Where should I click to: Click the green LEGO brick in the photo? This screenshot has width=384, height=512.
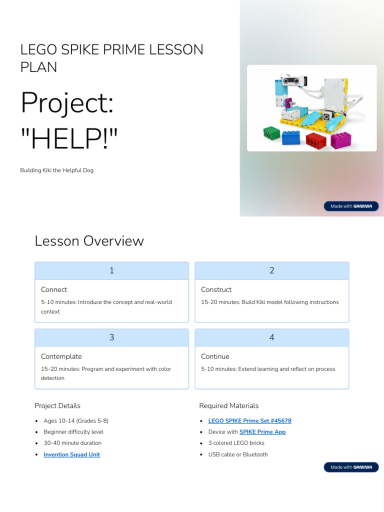272,133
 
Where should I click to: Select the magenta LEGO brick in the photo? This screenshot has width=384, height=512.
340,139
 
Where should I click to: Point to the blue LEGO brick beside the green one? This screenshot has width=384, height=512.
291,137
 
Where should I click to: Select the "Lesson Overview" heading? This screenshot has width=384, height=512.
89,241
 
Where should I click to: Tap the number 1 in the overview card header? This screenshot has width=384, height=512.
111,270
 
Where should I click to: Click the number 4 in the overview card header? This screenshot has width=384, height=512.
271,337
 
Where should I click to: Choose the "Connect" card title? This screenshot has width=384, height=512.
54,289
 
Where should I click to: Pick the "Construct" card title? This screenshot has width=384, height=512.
216,289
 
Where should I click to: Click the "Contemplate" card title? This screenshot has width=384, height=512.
61,356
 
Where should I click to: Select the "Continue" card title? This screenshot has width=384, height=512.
215,356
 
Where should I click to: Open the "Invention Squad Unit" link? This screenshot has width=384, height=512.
71,454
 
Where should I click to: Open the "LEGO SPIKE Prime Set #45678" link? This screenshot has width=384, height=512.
249,421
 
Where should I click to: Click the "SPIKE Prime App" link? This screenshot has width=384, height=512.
262,432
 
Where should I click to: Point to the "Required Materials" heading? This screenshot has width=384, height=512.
228,405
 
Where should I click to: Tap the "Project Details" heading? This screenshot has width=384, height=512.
57,405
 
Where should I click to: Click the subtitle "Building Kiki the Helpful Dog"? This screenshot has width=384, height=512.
56,170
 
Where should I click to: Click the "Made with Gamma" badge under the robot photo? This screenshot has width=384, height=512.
351,206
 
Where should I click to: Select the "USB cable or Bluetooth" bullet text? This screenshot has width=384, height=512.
238,454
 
